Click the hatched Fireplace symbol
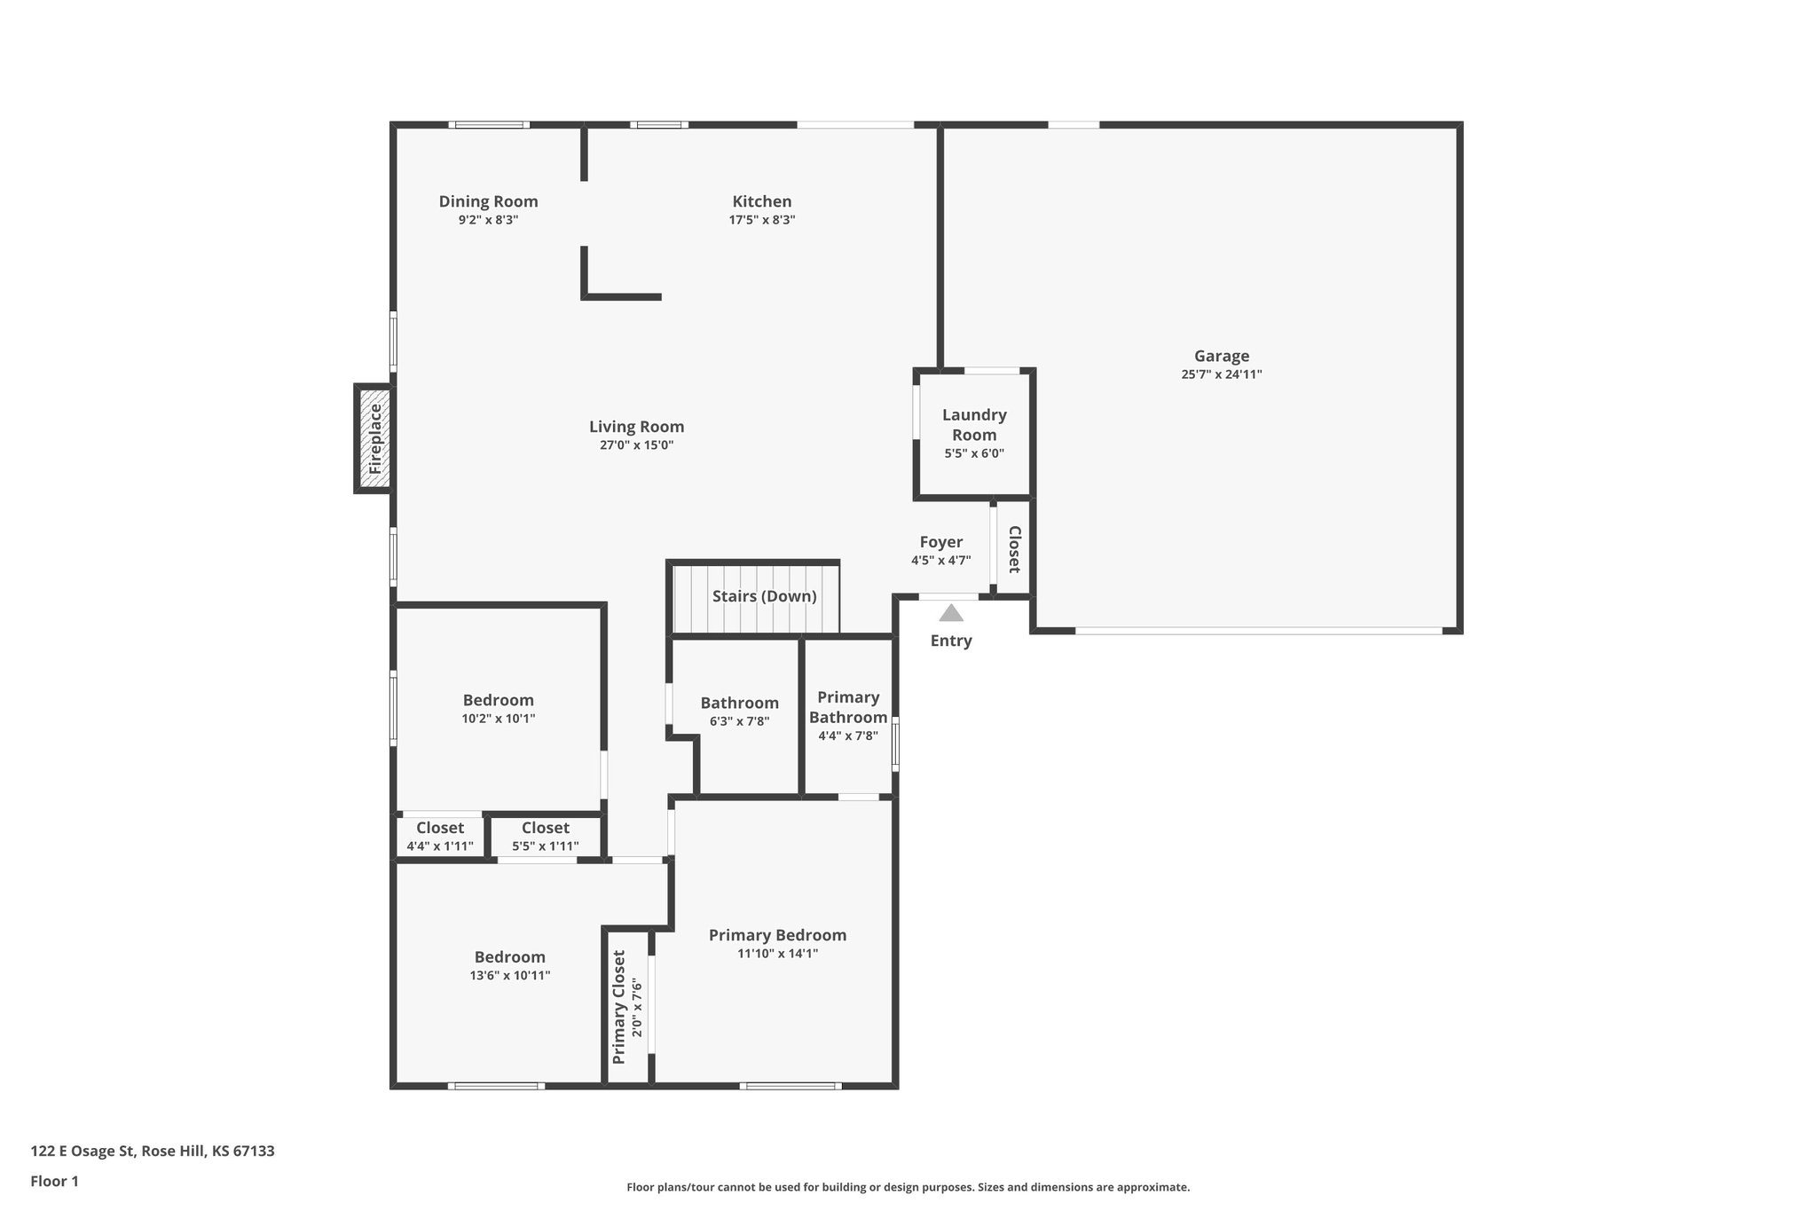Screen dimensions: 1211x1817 click(374, 438)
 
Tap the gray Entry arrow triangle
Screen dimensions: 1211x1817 click(950, 613)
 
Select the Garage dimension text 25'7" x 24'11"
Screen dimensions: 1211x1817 click(1221, 374)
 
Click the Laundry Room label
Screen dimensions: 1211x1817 click(974, 424)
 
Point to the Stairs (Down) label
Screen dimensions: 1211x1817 click(764, 596)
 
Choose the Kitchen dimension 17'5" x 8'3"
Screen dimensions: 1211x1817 click(761, 220)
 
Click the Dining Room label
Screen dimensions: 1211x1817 click(488, 201)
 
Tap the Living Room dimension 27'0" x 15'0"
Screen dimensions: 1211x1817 click(636, 445)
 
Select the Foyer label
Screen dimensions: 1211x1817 click(940, 542)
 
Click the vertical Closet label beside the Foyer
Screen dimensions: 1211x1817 click(1014, 549)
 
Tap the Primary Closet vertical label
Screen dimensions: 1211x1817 click(619, 1007)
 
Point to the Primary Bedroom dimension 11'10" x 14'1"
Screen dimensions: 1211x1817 click(776, 954)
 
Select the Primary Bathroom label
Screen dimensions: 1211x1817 click(847, 707)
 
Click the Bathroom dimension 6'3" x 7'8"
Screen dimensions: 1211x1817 click(739, 721)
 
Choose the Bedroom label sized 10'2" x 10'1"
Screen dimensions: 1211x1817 click(498, 700)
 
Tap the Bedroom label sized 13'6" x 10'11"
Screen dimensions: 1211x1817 click(509, 957)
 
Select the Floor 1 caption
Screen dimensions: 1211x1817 click(54, 1181)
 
